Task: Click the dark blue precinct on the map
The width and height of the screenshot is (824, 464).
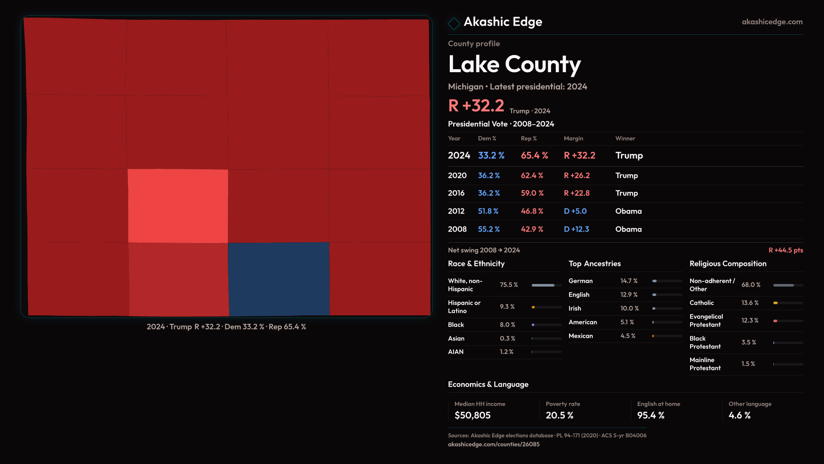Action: tap(279, 279)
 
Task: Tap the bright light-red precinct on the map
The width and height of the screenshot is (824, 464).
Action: tap(178, 206)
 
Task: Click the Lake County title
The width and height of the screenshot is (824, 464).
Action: tap(514, 64)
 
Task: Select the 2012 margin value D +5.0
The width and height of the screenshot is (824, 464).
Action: tap(575, 211)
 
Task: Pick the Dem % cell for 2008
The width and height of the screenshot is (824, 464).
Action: tap(489, 229)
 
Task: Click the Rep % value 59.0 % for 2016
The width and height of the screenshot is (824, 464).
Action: tap(532, 193)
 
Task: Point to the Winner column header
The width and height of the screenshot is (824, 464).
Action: tap(625, 138)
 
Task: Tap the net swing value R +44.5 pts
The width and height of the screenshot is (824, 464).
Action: tap(785, 250)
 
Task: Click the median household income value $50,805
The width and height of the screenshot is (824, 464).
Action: tap(473, 415)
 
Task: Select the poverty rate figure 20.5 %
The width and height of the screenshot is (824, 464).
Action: tap(560, 415)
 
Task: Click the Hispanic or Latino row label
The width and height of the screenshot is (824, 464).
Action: tap(464, 307)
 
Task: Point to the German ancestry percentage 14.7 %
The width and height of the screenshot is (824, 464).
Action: tap(629, 281)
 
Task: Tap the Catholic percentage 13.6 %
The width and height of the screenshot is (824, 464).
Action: tap(750, 303)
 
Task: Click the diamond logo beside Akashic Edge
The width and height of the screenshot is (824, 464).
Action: tap(454, 23)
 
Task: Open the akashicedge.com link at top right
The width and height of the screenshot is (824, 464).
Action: tap(772, 22)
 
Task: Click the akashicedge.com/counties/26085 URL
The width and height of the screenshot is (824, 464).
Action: tap(494, 444)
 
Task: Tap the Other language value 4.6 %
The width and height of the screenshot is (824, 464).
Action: tap(739, 415)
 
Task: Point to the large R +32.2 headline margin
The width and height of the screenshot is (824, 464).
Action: tap(476, 106)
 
